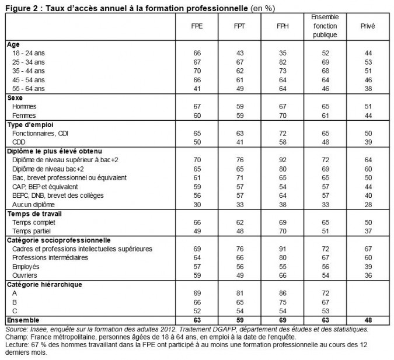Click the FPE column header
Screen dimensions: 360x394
197,26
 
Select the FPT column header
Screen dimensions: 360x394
239,26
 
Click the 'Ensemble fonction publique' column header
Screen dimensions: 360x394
325,26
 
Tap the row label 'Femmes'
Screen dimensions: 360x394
24,116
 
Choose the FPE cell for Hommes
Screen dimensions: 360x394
197,107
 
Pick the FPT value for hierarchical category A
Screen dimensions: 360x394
239,293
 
